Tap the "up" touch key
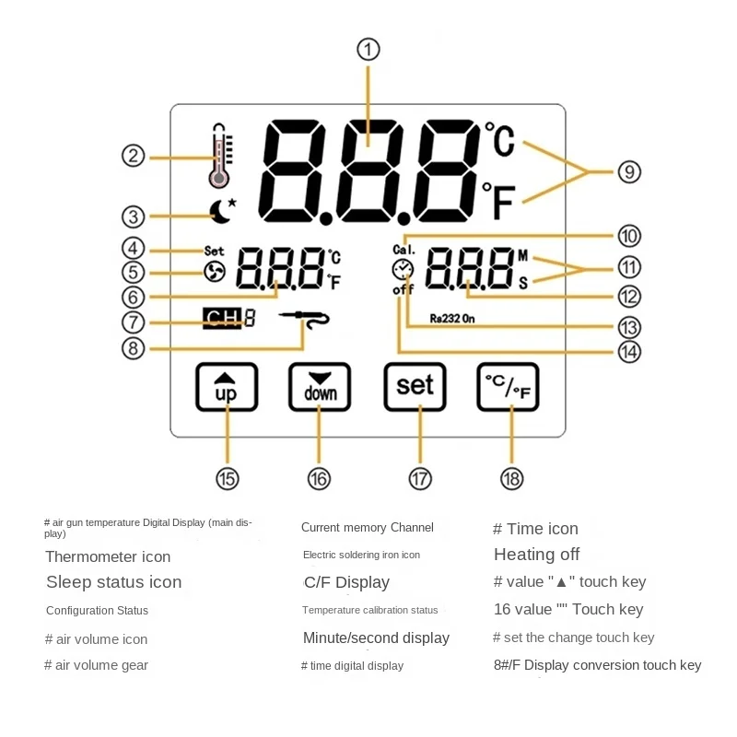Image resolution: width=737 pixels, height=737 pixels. coord(227,386)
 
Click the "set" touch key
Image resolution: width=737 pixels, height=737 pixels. coord(415,386)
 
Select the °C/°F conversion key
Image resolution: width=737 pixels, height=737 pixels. coord(509,386)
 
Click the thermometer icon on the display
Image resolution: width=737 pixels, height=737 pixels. coord(219,155)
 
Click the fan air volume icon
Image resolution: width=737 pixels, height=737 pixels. coord(215,271)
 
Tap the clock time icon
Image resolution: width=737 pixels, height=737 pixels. coord(403,269)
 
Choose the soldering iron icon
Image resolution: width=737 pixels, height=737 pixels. coord(306,319)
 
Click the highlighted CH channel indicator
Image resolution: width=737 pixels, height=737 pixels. coord(221,320)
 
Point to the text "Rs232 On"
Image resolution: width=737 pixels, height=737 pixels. coord(451,319)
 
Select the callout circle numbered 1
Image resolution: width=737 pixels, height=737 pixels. coord(368,49)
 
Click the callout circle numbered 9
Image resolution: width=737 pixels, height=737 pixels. coord(629,171)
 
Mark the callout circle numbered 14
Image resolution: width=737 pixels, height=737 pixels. coord(629,352)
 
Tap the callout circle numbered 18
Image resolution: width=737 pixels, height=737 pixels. coord(511,478)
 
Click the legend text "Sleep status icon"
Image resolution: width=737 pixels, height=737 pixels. coord(114,582)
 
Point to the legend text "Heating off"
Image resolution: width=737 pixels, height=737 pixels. coord(537,555)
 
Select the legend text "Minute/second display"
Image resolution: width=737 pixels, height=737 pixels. coord(376,638)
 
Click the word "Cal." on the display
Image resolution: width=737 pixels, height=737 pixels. coord(404,250)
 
